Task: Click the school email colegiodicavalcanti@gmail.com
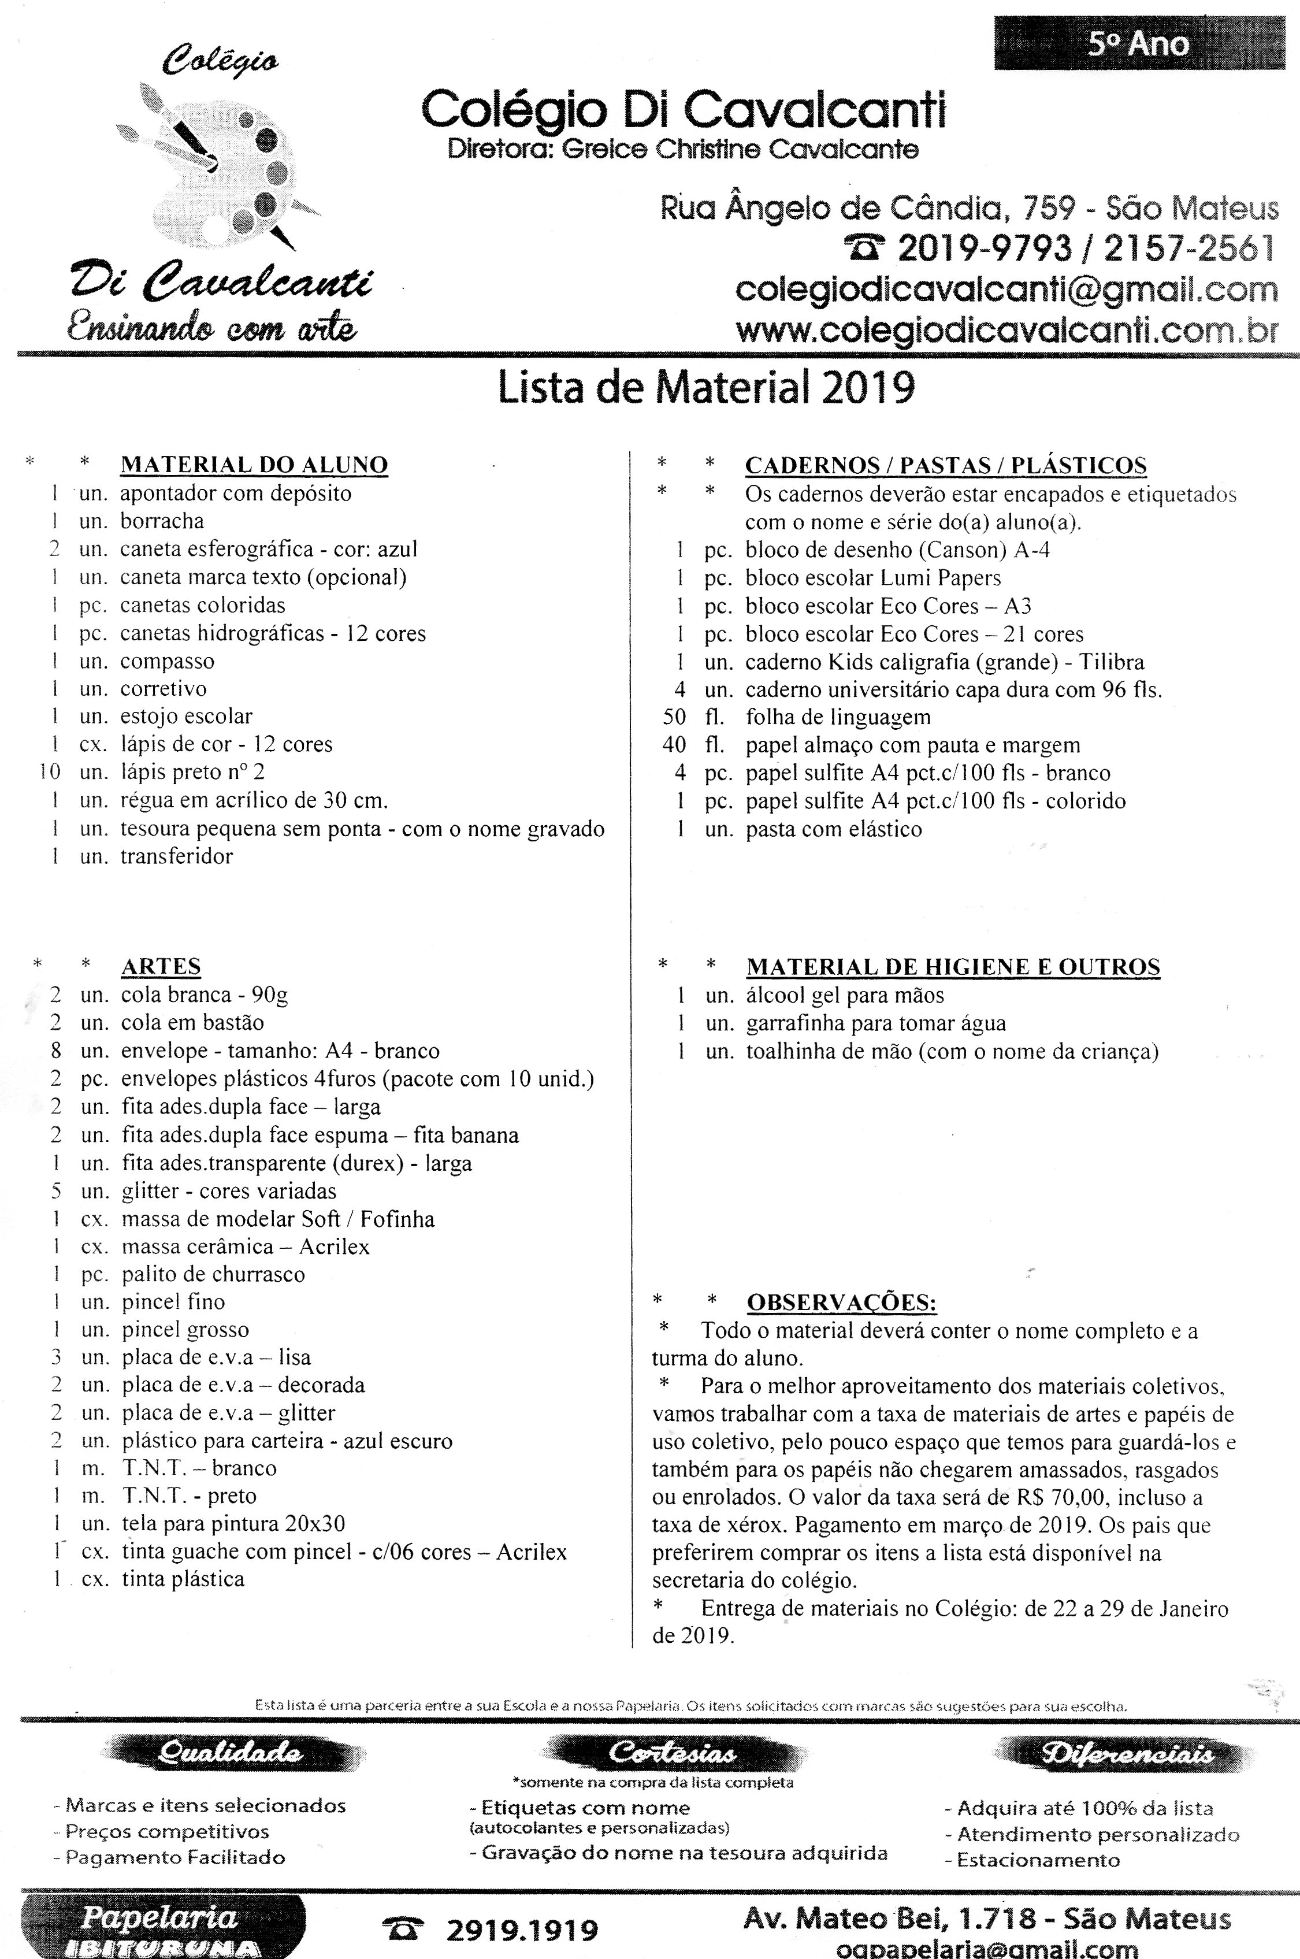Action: click(1006, 290)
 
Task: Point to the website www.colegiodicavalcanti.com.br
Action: click(1006, 331)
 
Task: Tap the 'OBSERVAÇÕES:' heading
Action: click(841, 1303)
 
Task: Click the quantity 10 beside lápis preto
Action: click(50, 772)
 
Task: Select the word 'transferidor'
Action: click(177, 856)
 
